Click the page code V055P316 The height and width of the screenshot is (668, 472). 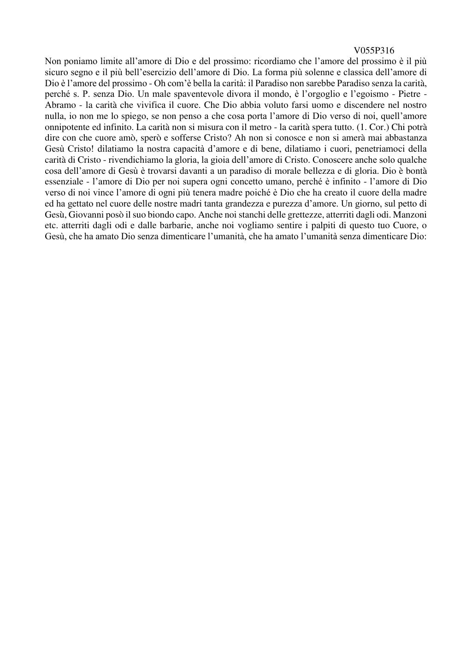374,51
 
